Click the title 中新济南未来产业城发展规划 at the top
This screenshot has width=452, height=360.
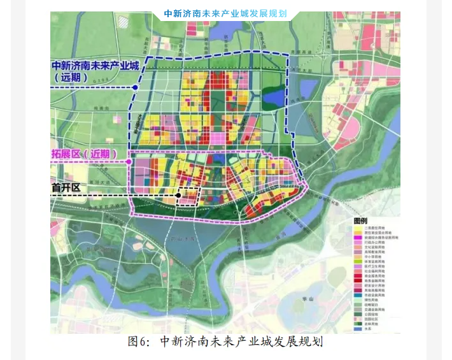tap(225, 13)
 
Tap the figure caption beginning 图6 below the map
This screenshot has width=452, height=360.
tap(225, 342)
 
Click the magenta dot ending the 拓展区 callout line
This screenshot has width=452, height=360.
tap(129, 162)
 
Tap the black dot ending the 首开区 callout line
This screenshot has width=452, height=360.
tap(180, 195)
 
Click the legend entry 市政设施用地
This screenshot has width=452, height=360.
tap(374, 295)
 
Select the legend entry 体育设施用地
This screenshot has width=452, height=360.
tap(374, 261)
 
